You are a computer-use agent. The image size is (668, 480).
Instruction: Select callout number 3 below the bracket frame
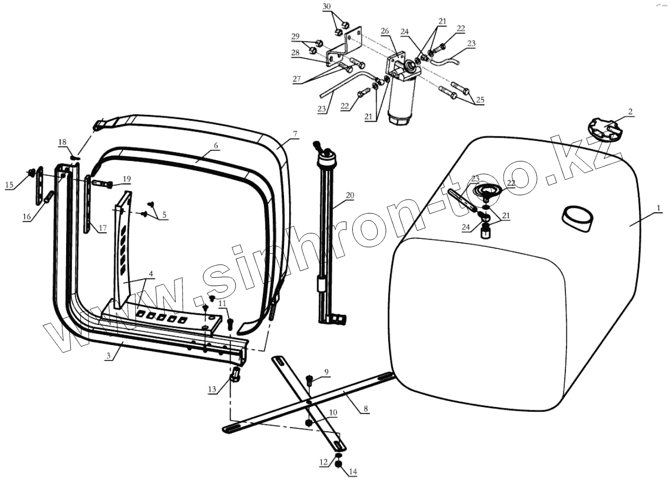[108, 357]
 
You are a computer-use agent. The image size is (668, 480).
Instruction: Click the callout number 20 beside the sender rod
[350, 195]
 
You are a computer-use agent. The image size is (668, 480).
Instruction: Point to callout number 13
[213, 390]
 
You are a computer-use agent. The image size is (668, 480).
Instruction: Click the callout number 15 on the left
[10, 185]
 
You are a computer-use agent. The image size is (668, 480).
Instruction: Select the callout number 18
[62, 142]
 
